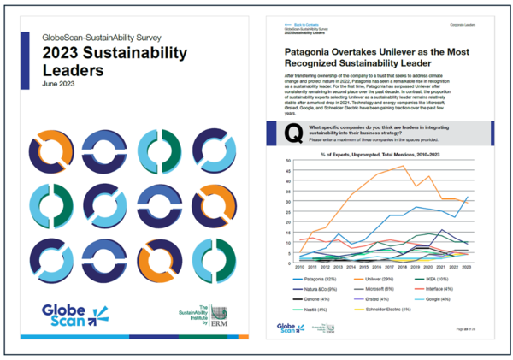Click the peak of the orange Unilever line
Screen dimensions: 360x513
pyautogui.click(x=402, y=166)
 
